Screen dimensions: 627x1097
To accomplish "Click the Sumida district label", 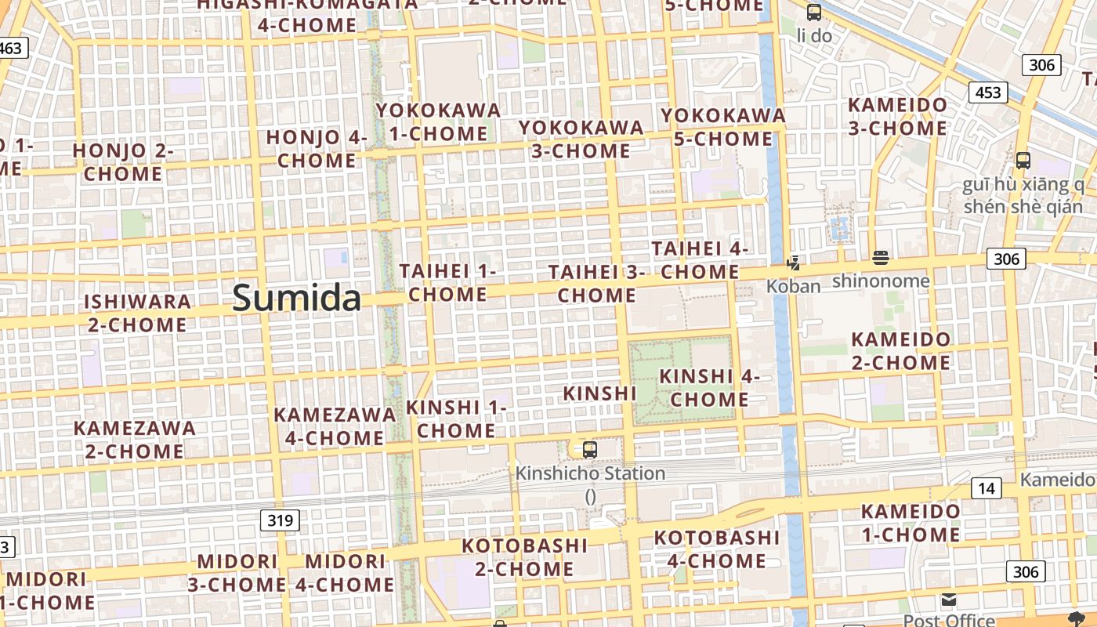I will coord(297,299).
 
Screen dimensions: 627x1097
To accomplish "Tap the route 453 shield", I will coord(988,92).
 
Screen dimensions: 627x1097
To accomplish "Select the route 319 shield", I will coord(280,520).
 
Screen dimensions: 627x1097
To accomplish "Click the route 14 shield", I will coord(986,489).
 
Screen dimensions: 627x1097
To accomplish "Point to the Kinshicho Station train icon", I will coord(590,450).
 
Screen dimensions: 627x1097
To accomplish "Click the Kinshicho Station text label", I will coord(590,473).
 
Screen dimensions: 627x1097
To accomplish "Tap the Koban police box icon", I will coord(794,263).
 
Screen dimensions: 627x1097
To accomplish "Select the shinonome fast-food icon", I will coord(881,258).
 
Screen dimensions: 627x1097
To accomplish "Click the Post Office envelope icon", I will coord(949,600).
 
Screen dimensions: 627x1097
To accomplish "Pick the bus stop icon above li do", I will coord(814,13).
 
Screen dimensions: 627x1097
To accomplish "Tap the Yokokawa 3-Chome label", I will coord(581,139).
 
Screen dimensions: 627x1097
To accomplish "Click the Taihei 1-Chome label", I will coord(448,283).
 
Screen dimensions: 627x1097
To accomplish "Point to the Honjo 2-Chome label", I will coord(123,162).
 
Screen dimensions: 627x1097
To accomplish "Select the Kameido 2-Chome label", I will coord(901,351).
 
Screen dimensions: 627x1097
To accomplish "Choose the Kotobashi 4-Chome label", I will coord(716,549).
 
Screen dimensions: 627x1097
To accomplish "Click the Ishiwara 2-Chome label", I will coord(137,313).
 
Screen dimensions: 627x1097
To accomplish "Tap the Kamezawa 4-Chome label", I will coord(335,426).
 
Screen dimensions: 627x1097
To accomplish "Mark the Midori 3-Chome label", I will coord(237,573).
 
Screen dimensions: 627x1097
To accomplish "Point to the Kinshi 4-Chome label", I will coord(709,387).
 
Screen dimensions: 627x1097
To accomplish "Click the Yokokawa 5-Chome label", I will coord(722,127).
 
